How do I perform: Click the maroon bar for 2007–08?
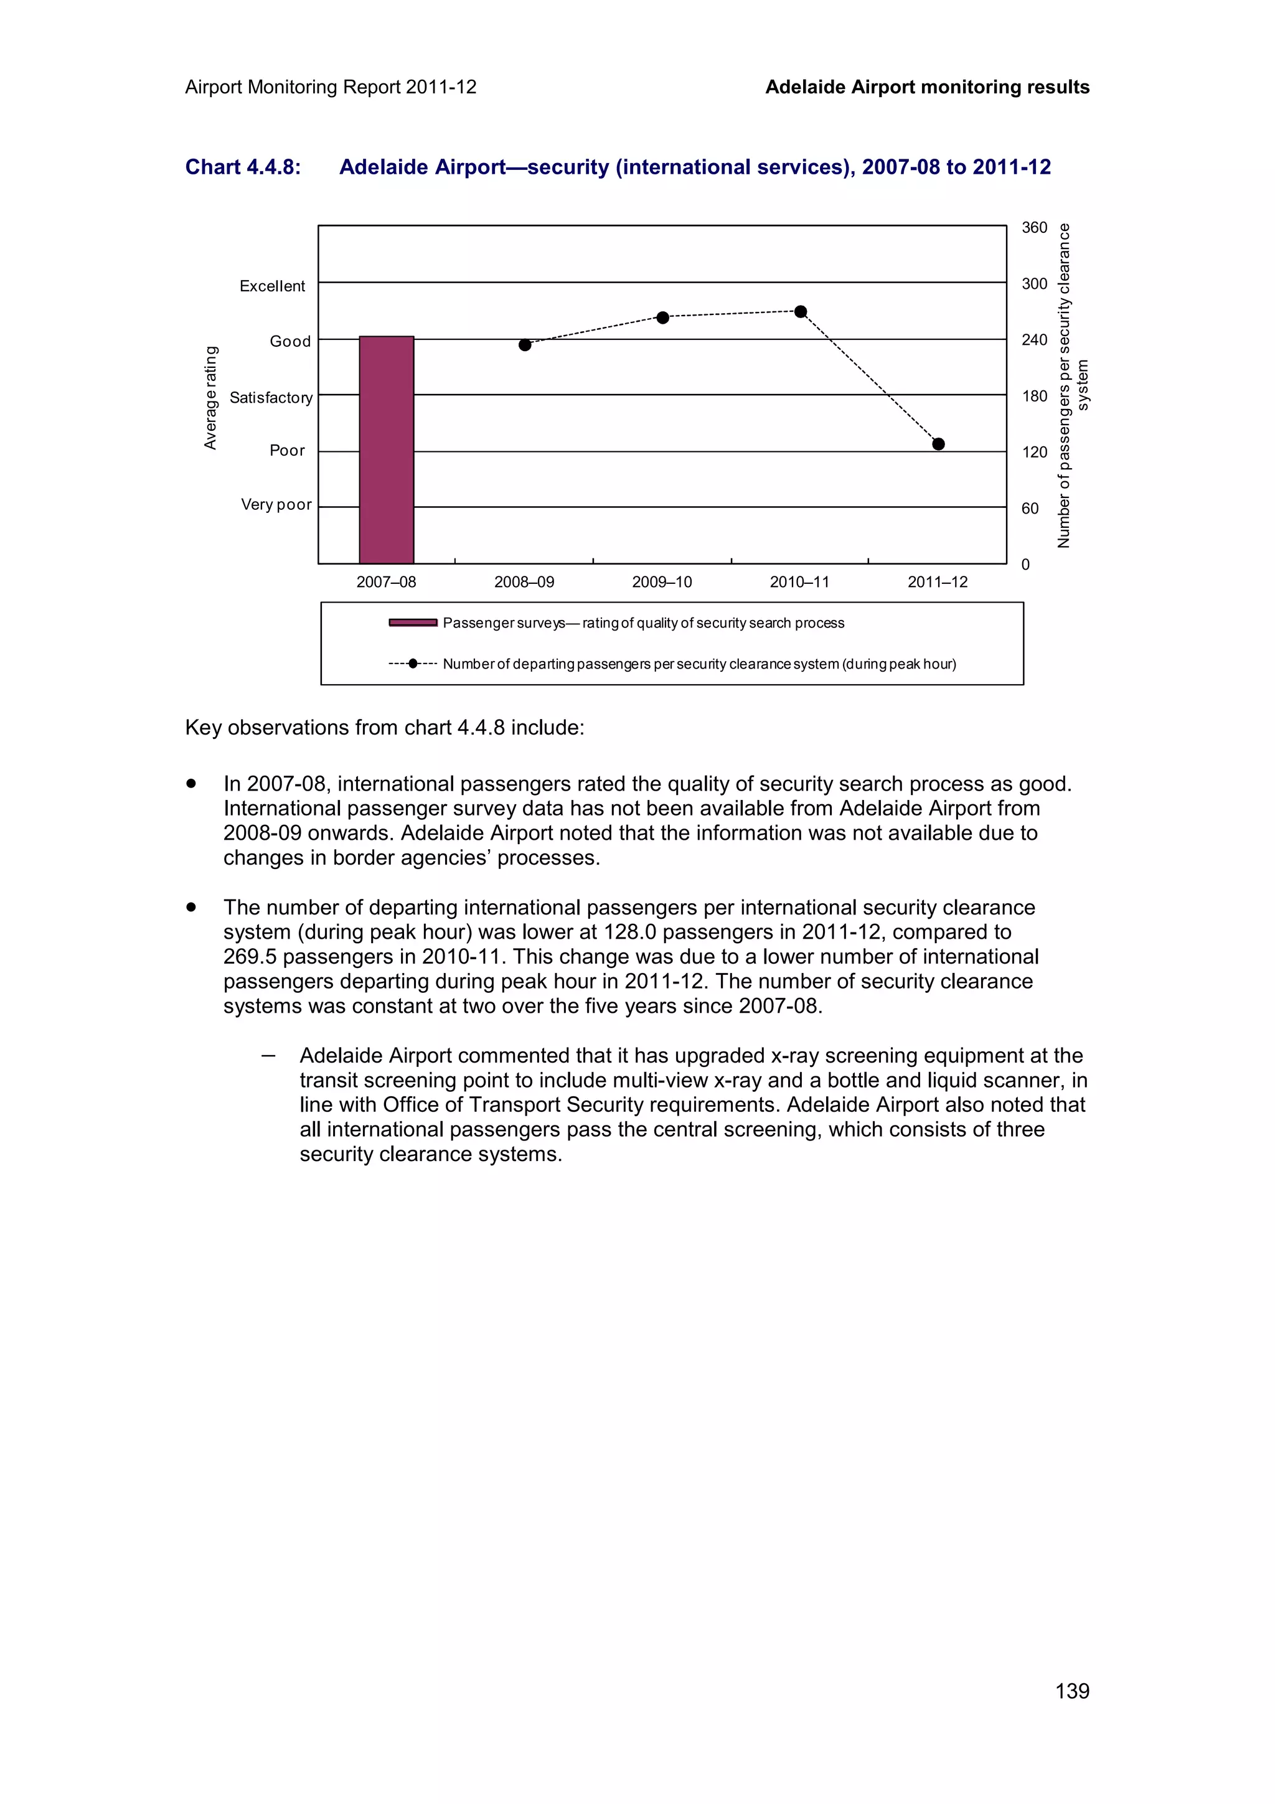[x=387, y=449]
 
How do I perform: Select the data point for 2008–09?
[x=525, y=345]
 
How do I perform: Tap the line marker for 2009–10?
[x=662, y=317]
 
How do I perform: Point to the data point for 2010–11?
[x=801, y=312]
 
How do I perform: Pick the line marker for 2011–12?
[x=938, y=444]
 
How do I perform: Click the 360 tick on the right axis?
[x=1034, y=228]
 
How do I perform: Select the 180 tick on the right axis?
[x=1034, y=396]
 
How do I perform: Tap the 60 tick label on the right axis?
[x=1029, y=509]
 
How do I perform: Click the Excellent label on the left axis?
[x=272, y=286]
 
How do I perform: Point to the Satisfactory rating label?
[x=271, y=398]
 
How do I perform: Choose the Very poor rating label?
[x=276, y=504]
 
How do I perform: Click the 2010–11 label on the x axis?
[x=799, y=582]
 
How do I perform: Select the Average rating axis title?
[x=210, y=398]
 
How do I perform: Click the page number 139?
[x=1071, y=1691]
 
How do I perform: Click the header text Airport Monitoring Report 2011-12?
[x=331, y=87]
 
